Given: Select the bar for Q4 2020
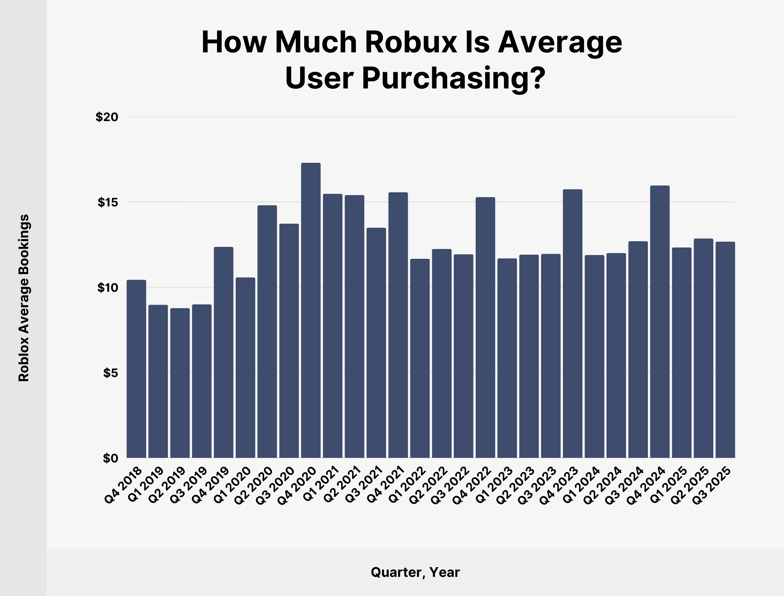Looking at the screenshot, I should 311,311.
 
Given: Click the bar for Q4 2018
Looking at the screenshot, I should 136,369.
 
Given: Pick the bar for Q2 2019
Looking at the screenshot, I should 180,383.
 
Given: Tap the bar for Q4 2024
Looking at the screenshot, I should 660,322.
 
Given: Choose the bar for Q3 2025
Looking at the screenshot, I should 725,350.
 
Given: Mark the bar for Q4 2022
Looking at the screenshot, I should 485,327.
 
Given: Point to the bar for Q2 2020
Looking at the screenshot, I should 267,332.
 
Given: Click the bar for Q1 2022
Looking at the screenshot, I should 420,358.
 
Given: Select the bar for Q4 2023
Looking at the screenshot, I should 572,323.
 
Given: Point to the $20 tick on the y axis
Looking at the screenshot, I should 106,117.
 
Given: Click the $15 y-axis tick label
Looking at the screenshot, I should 108,202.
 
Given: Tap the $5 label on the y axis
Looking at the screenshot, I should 110,373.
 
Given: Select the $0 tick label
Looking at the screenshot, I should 110,458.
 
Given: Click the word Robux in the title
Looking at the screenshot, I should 411,43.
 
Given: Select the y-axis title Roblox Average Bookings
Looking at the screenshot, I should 24,298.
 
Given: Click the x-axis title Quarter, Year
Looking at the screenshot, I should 415,572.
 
